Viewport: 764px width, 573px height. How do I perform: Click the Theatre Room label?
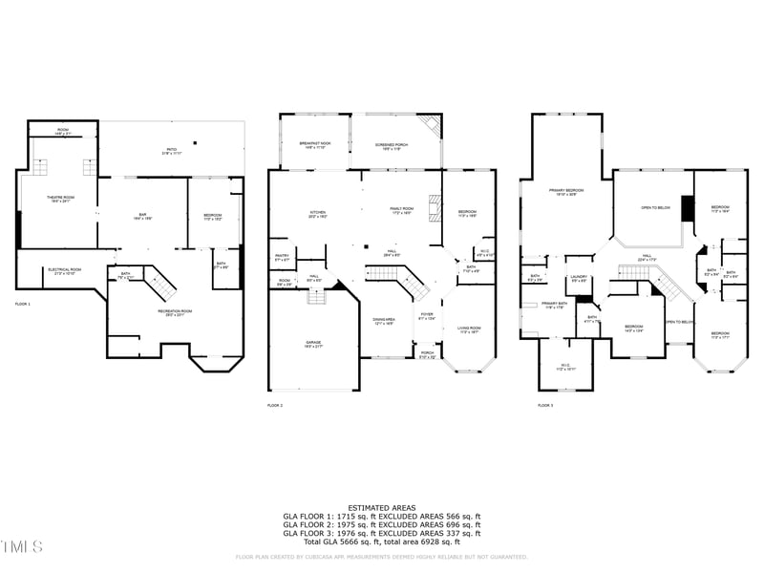coord(61,199)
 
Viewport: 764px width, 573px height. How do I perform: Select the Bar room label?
coord(142,216)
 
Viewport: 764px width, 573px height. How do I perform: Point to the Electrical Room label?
coord(65,270)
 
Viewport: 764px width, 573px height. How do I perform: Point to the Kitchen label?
coord(318,213)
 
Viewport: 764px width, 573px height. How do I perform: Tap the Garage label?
coord(314,344)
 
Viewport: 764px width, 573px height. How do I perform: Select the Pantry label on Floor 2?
coord(282,257)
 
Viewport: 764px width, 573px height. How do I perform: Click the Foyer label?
coord(427,317)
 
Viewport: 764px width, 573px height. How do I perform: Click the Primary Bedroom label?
coord(566,192)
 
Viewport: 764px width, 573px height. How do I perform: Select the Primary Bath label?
coord(555,305)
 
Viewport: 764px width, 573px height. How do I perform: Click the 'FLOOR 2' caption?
coord(275,406)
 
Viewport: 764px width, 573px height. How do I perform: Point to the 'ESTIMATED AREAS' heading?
coord(381,507)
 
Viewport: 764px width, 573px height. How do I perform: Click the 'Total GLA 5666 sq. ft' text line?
coord(381,540)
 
